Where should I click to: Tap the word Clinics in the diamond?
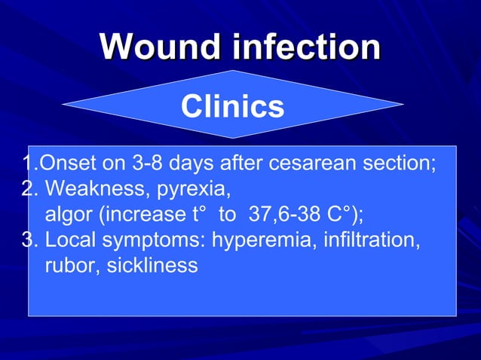(232, 107)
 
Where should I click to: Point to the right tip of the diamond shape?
(402, 104)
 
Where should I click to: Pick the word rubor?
(69, 266)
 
